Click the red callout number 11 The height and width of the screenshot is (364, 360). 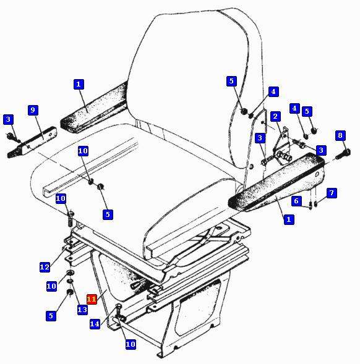pyautogui.click(x=92, y=299)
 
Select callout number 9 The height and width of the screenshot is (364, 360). pyautogui.click(x=33, y=110)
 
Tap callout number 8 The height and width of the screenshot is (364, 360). pyautogui.click(x=340, y=135)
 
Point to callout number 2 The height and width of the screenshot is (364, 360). pyautogui.click(x=275, y=116)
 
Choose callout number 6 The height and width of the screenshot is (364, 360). pyautogui.click(x=296, y=201)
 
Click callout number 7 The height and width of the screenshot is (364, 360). pyautogui.click(x=332, y=193)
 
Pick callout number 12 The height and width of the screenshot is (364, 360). pyautogui.click(x=45, y=267)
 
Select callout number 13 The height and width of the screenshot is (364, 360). pyautogui.click(x=82, y=310)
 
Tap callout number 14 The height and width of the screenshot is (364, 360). pyautogui.click(x=95, y=324)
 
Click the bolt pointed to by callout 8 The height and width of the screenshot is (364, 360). pyautogui.click(x=343, y=154)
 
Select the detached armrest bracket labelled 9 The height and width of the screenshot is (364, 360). pyautogui.click(x=33, y=142)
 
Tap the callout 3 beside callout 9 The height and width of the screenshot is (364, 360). pyautogui.click(x=9, y=119)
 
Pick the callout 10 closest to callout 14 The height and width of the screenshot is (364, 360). pyautogui.click(x=131, y=344)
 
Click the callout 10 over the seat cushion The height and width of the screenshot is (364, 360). pyautogui.click(x=83, y=151)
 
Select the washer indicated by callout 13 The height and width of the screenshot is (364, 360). pyautogui.click(x=70, y=281)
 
